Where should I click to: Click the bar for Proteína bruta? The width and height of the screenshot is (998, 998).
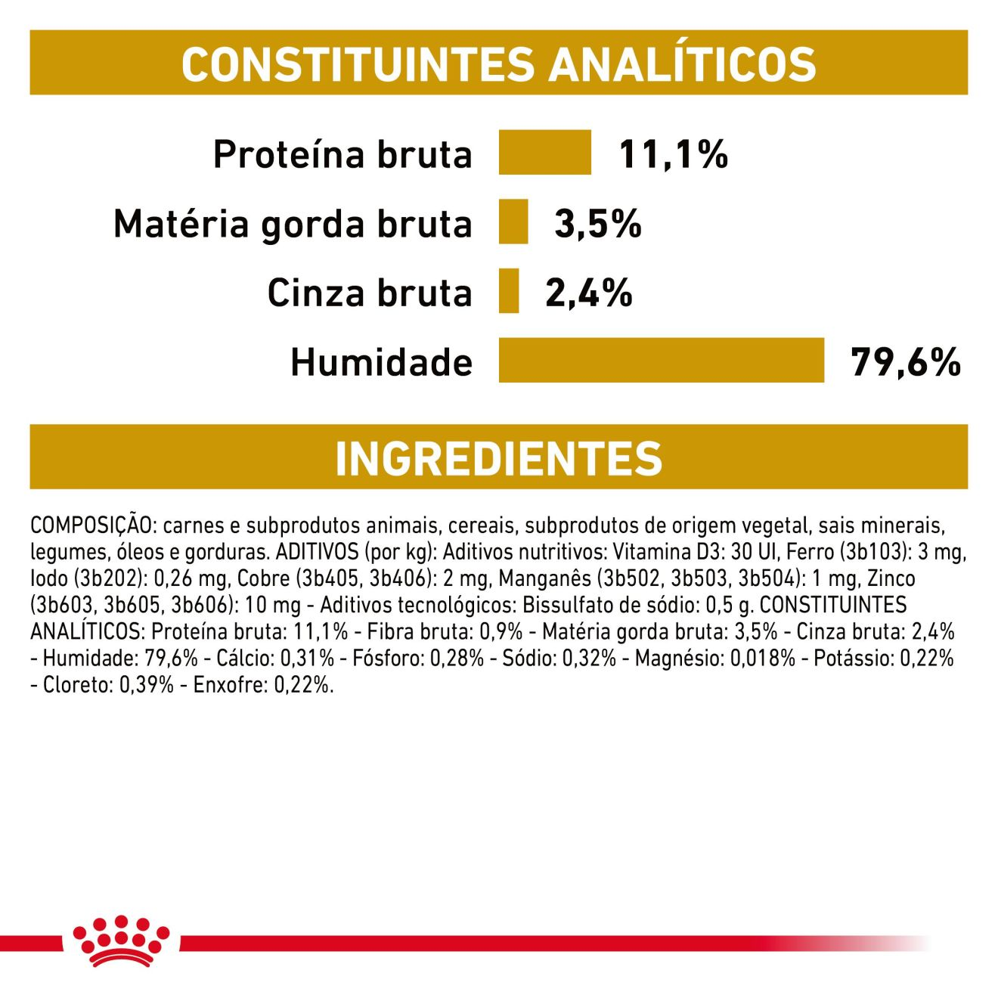[544, 152]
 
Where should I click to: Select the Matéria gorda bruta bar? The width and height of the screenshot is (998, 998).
[513, 222]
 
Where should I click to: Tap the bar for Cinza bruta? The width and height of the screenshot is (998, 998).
[509, 291]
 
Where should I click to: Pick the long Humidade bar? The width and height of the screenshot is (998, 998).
[661, 361]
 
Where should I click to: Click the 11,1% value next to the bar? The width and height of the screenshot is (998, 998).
[673, 154]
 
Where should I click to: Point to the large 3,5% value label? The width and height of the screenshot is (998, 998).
[597, 224]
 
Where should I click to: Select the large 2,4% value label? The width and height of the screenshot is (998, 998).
[588, 293]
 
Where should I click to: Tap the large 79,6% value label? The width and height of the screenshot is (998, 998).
[905, 362]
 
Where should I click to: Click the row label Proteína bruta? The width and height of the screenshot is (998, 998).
[342, 154]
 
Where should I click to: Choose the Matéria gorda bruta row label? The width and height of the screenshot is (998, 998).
[293, 225]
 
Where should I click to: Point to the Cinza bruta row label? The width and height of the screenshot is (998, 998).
[369, 293]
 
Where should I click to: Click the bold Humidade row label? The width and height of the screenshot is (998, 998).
[381, 362]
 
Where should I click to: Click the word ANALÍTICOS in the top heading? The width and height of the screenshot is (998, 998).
[682, 64]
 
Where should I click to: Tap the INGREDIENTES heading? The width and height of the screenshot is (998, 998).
[498, 458]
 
